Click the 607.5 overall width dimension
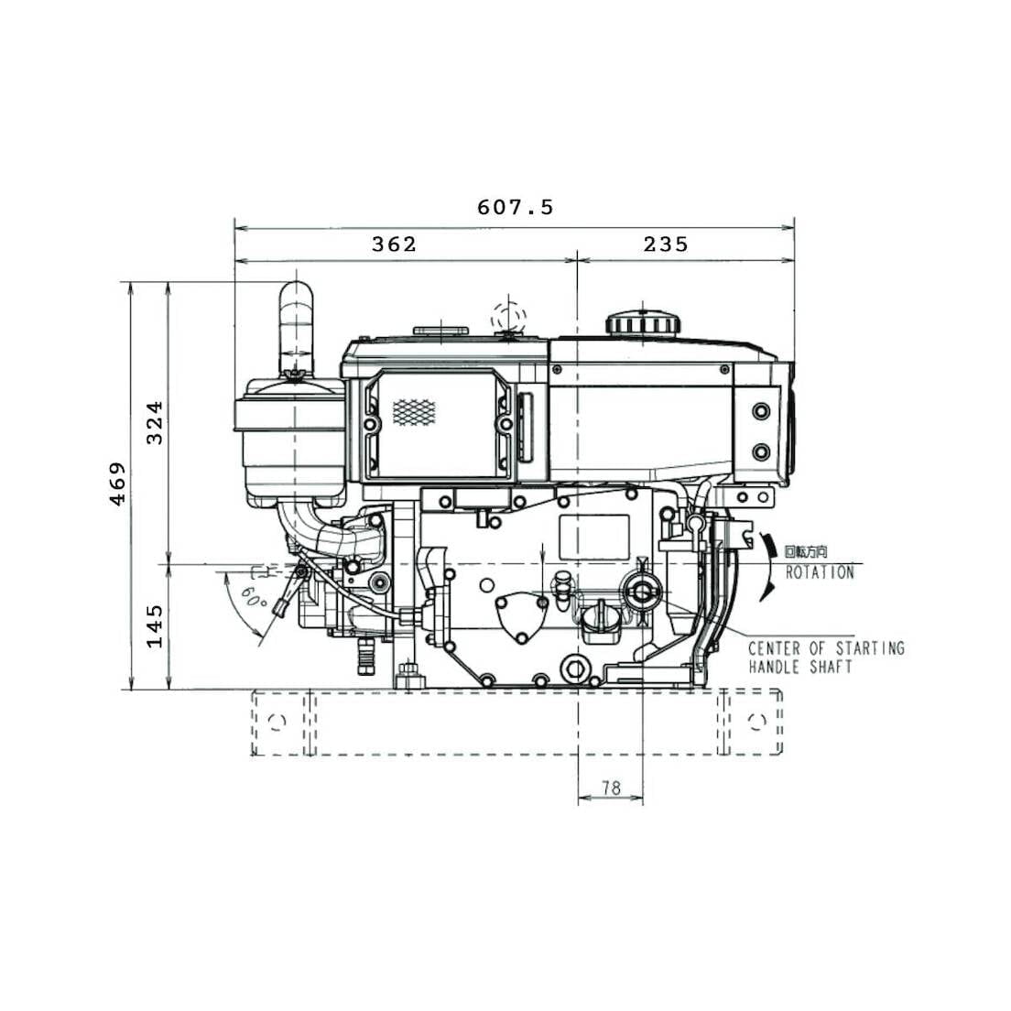pyautogui.click(x=515, y=208)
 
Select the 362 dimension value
pyautogui.click(x=394, y=245)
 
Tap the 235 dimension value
pyautogui.click(x=665, y=245)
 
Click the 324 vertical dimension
pyautogui.click(x=156, y=422)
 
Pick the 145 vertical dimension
pyautogui.click(x=156, y=625)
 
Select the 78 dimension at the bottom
pyautogui.click(x=611, y=788)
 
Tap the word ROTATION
pyautogui.click(x=820, y=572)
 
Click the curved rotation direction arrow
pyautogui.click(x=765, y=567)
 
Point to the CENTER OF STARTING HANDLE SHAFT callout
pyautogui.click(x=825, y=658)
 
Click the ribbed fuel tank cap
pyautogui.click(x=642, y=323)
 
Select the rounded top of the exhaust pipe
pyautogui.click(x=296, y=295)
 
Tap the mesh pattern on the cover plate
pyautogui.click(x=414, y=411)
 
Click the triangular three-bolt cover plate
pyautogui.click(x=520, y=618)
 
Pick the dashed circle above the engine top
pyautogui.click(x=508, y=318)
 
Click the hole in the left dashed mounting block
pyautogui.click(x=277, y=722)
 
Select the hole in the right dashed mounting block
pyautogui.click(x=756, y=721)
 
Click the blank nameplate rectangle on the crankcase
pyautogui.click(x=594, y=537)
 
